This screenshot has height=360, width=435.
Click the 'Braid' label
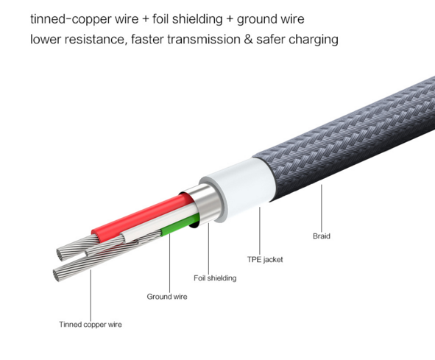click(x=321, y=236)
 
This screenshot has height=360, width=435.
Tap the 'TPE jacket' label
click(x=265, y=260)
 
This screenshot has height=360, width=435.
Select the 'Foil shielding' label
click(x=215, y=278)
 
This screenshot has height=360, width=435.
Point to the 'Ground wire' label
click(x=167, y=297)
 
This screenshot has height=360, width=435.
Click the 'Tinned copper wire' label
click(x=91, y=325)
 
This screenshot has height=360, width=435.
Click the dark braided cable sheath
click(x=350, y=139)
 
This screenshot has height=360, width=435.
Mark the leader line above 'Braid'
click(x=322, y=208)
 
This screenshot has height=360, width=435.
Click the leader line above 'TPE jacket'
click(x=260, y=230)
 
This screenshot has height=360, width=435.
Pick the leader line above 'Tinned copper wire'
click(x=91, y=294)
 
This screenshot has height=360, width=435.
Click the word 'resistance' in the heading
click(x=94, y=39)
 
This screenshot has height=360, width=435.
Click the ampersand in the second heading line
click(x=248, y=39)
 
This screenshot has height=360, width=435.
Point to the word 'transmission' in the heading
click(x=204, y=39)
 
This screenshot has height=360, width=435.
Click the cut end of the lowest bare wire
click(x=57, y=275)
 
